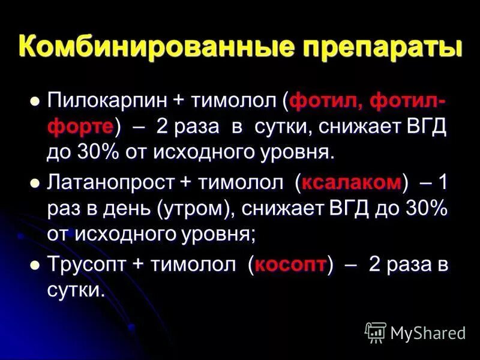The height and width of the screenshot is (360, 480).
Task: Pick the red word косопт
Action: [290, 265]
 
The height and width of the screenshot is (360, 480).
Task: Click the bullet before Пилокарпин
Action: [35, 101]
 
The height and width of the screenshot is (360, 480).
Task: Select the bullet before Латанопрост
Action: [35, 182]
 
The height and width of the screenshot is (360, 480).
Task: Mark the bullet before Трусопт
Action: [35, 264]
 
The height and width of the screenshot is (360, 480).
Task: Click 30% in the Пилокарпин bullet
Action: [100, 152]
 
